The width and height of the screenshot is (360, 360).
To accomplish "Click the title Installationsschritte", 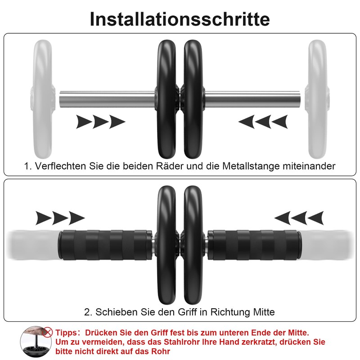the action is point(180,19).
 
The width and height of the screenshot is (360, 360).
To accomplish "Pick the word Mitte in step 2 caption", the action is point(264,312).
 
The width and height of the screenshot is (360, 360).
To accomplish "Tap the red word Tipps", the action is point(66,333).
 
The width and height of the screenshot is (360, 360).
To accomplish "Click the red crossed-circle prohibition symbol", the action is point(48,332).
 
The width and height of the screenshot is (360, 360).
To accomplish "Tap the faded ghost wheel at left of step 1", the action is point(42,99).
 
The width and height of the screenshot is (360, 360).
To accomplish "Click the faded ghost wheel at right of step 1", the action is point(317,99).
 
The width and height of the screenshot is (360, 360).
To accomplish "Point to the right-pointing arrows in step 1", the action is point(100,121).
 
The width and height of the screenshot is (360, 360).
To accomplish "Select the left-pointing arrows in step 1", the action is point(263,121).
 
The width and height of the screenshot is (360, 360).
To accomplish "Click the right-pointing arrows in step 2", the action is point(60,218).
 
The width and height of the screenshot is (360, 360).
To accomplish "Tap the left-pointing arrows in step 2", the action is point(299,218).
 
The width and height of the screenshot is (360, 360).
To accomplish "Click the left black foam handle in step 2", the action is point(104,245).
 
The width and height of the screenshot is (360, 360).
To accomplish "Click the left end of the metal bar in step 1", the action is point(60,99).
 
